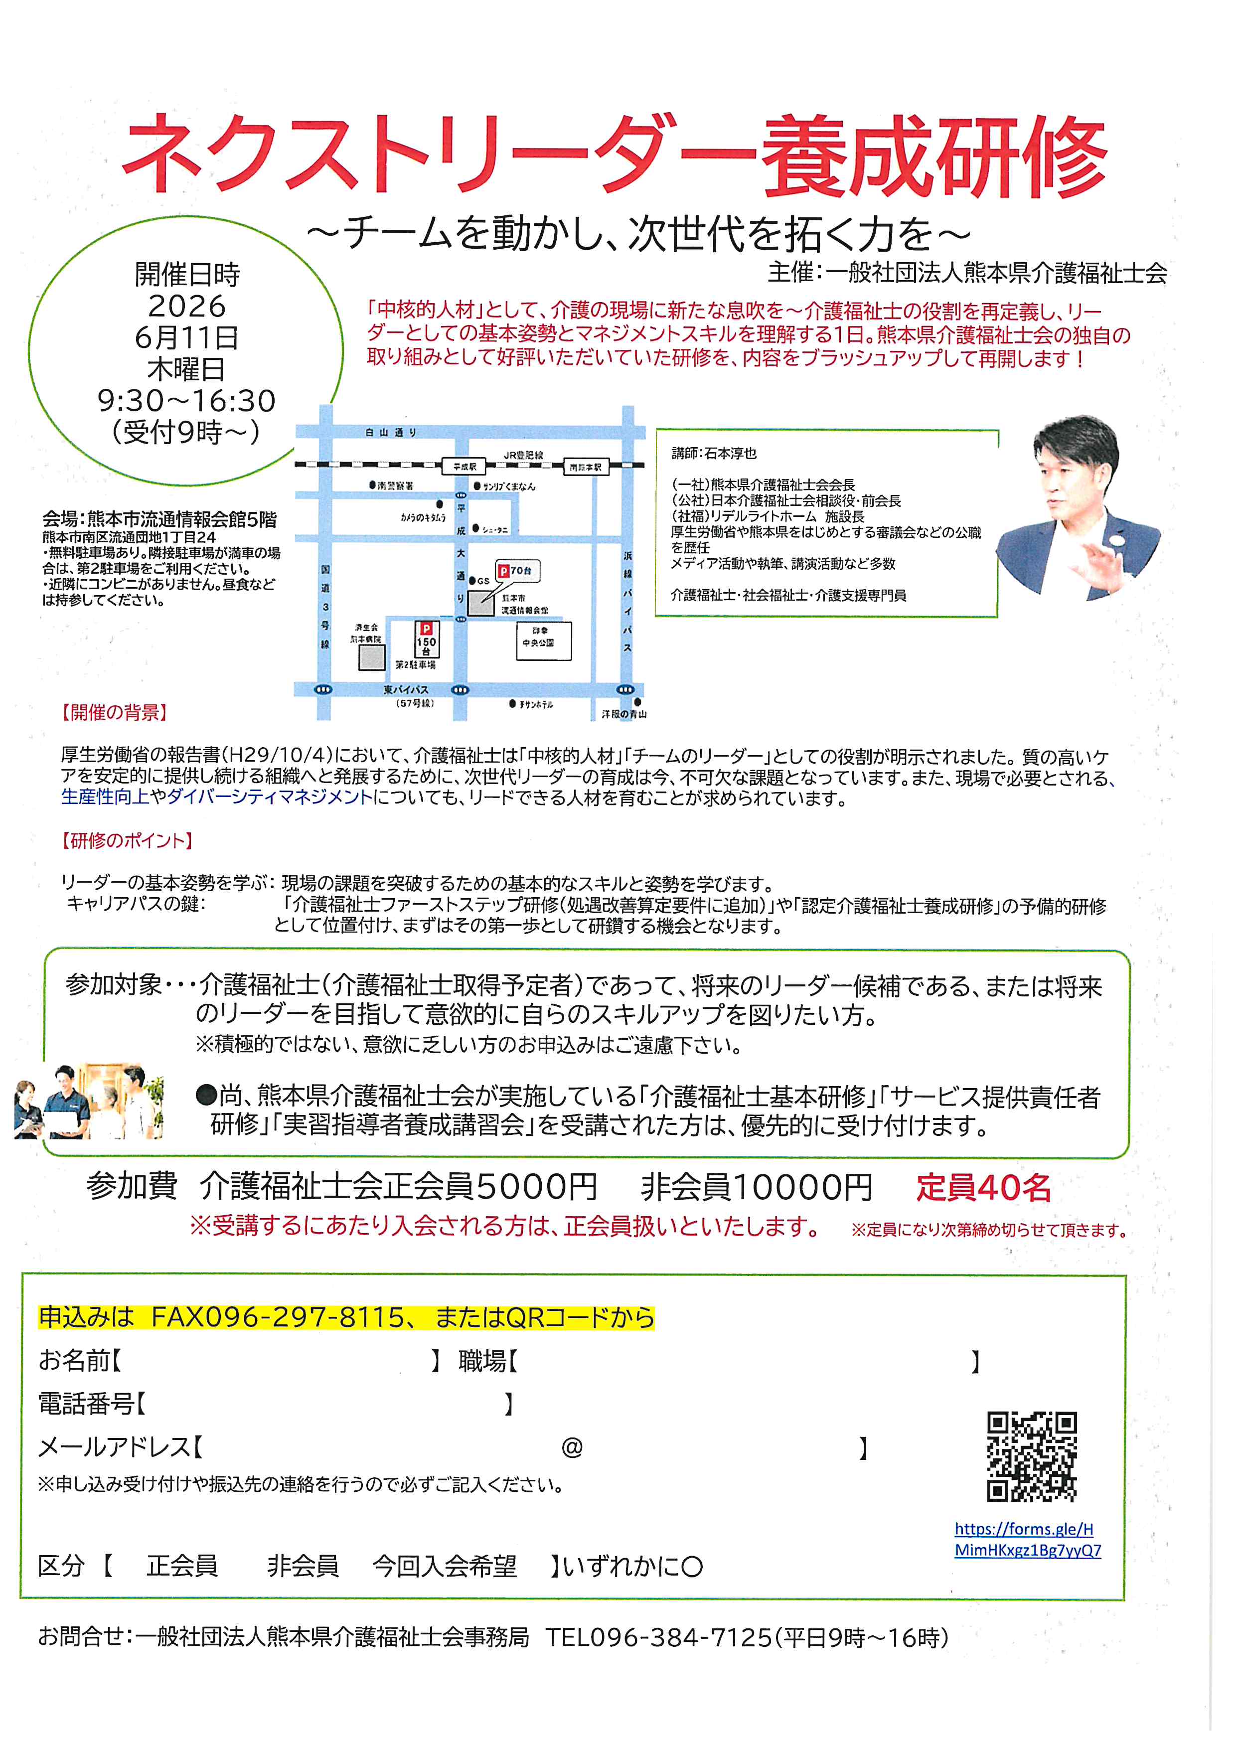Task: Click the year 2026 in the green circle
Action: point(186,306)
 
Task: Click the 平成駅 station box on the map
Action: point(464,466)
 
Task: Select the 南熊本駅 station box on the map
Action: point(585,467)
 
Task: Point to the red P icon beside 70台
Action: point(503,570)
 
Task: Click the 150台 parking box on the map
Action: point(426,639)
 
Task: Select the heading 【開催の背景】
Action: point(114,713)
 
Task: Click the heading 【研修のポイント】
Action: point(126,840)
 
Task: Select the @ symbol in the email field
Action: point(572,1447)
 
